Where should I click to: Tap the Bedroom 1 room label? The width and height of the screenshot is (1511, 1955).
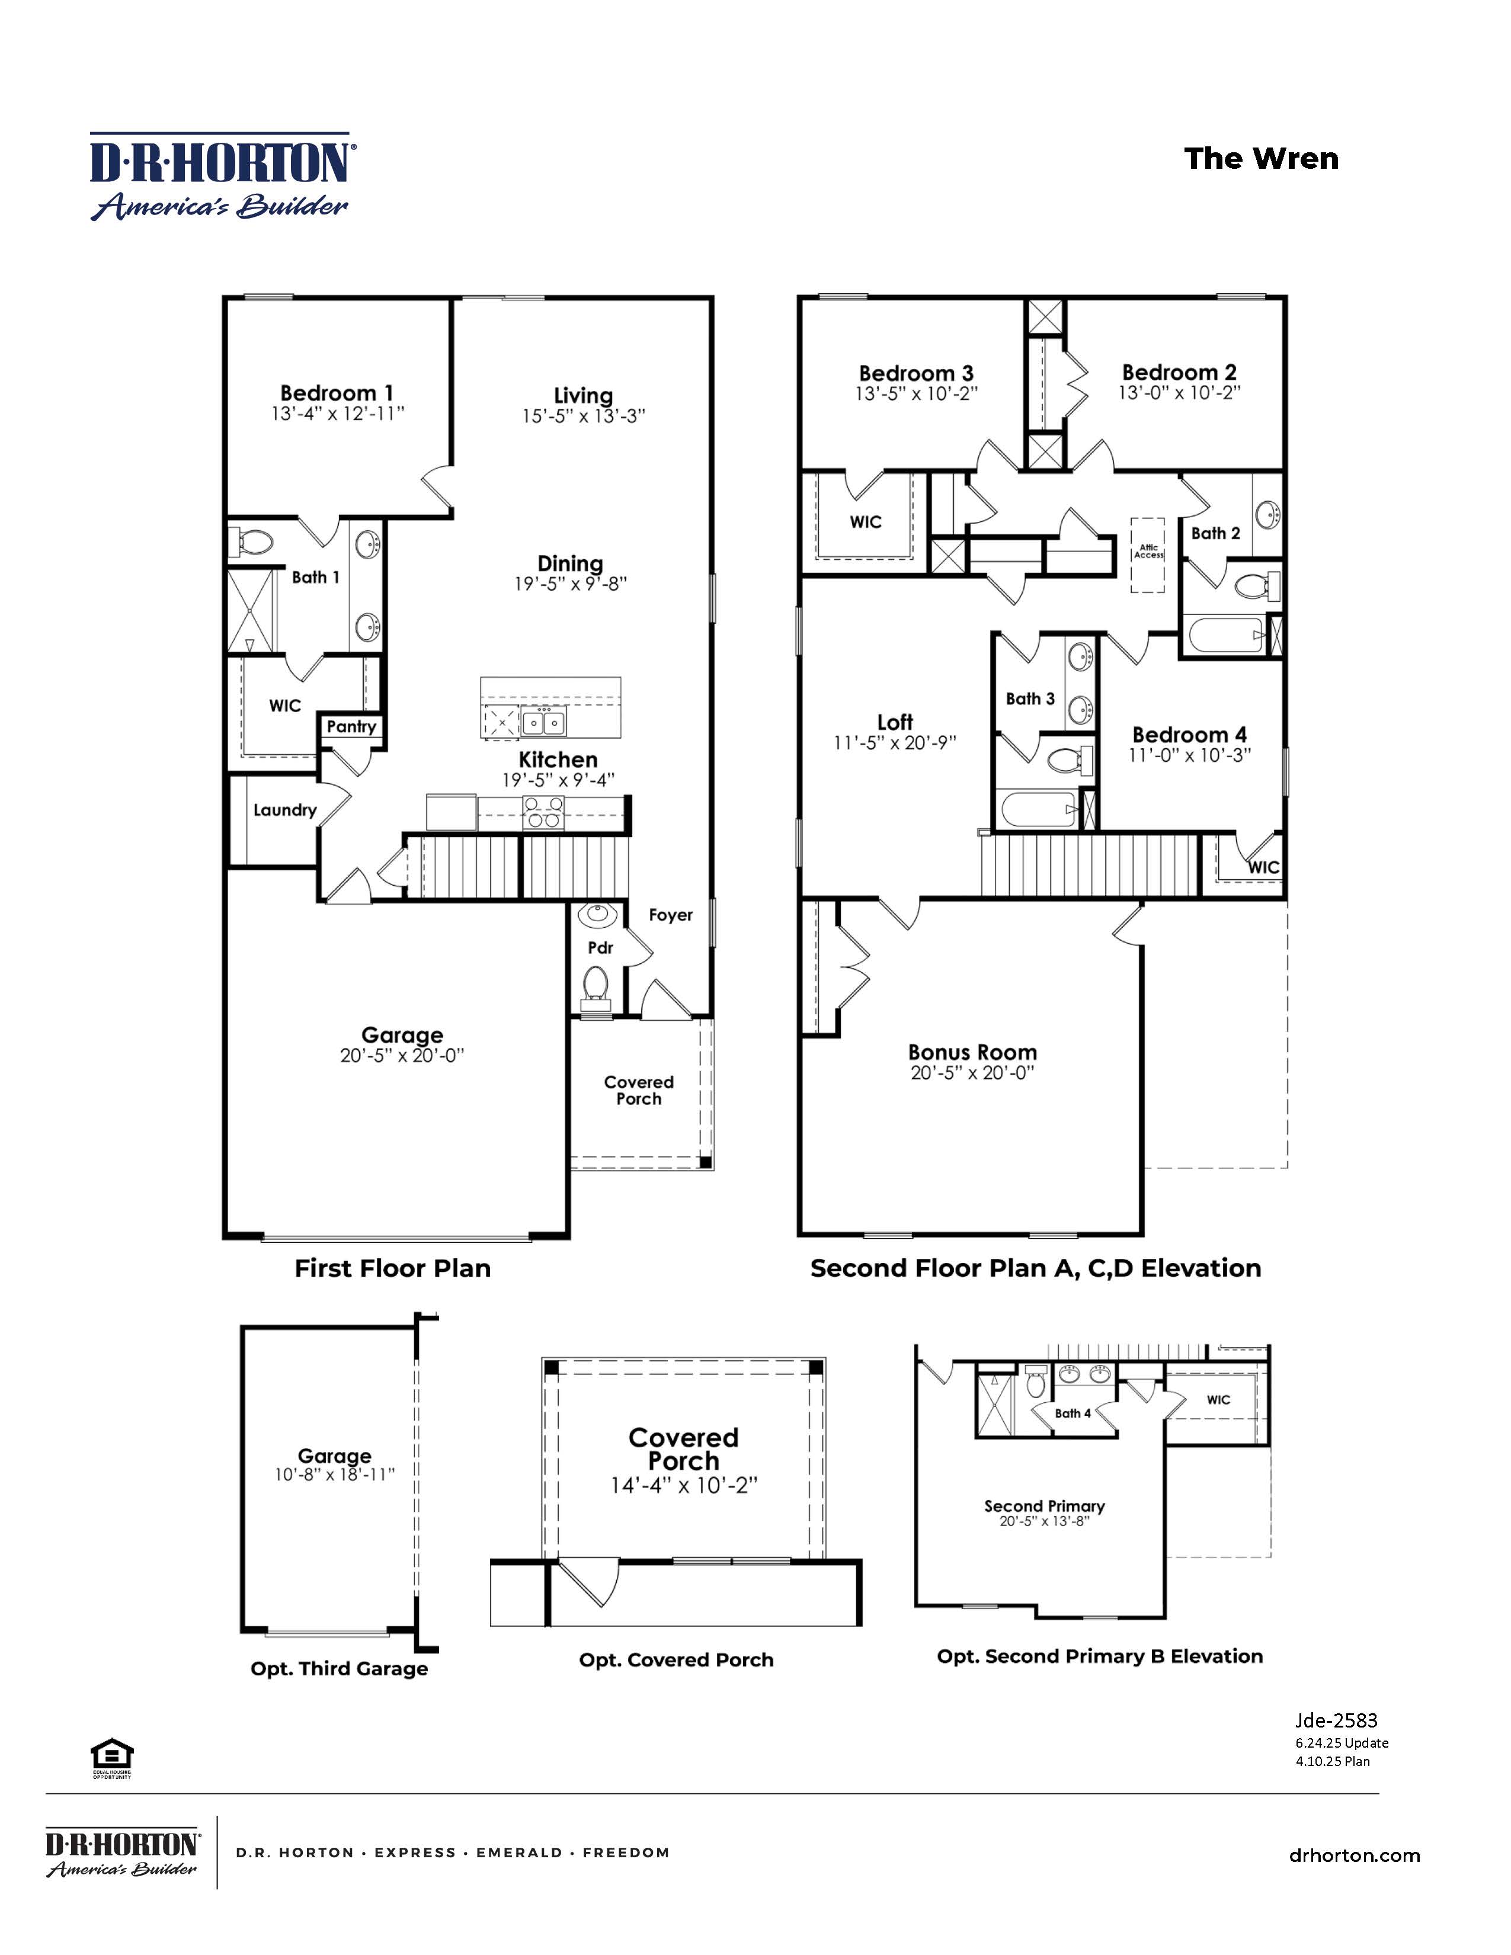[337, 393]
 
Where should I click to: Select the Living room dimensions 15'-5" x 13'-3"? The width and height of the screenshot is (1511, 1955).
[584, 416]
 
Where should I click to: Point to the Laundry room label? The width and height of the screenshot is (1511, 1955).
[284, 810]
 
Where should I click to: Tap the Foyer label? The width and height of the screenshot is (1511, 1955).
[670, 915]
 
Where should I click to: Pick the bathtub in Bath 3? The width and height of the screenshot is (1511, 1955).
[1038, 810]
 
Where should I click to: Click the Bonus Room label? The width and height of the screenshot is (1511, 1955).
[972, 1052]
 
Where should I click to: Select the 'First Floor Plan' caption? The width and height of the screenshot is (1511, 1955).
[392, 1268]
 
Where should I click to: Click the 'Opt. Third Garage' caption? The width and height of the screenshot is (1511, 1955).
[340, 1668]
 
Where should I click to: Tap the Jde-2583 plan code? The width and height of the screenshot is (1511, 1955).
[1336, 1720]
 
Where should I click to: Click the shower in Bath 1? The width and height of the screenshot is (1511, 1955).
[251, 610]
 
